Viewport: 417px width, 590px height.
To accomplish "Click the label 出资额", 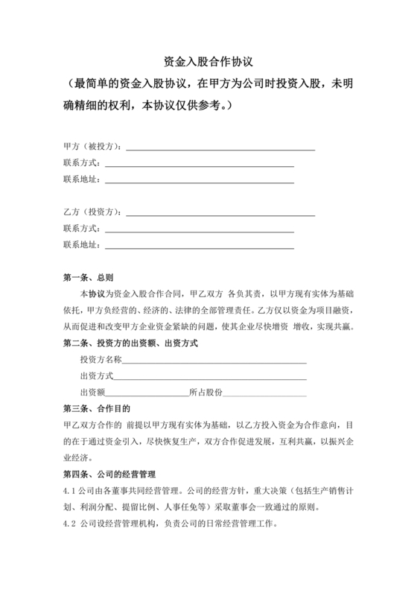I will (92, 393).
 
